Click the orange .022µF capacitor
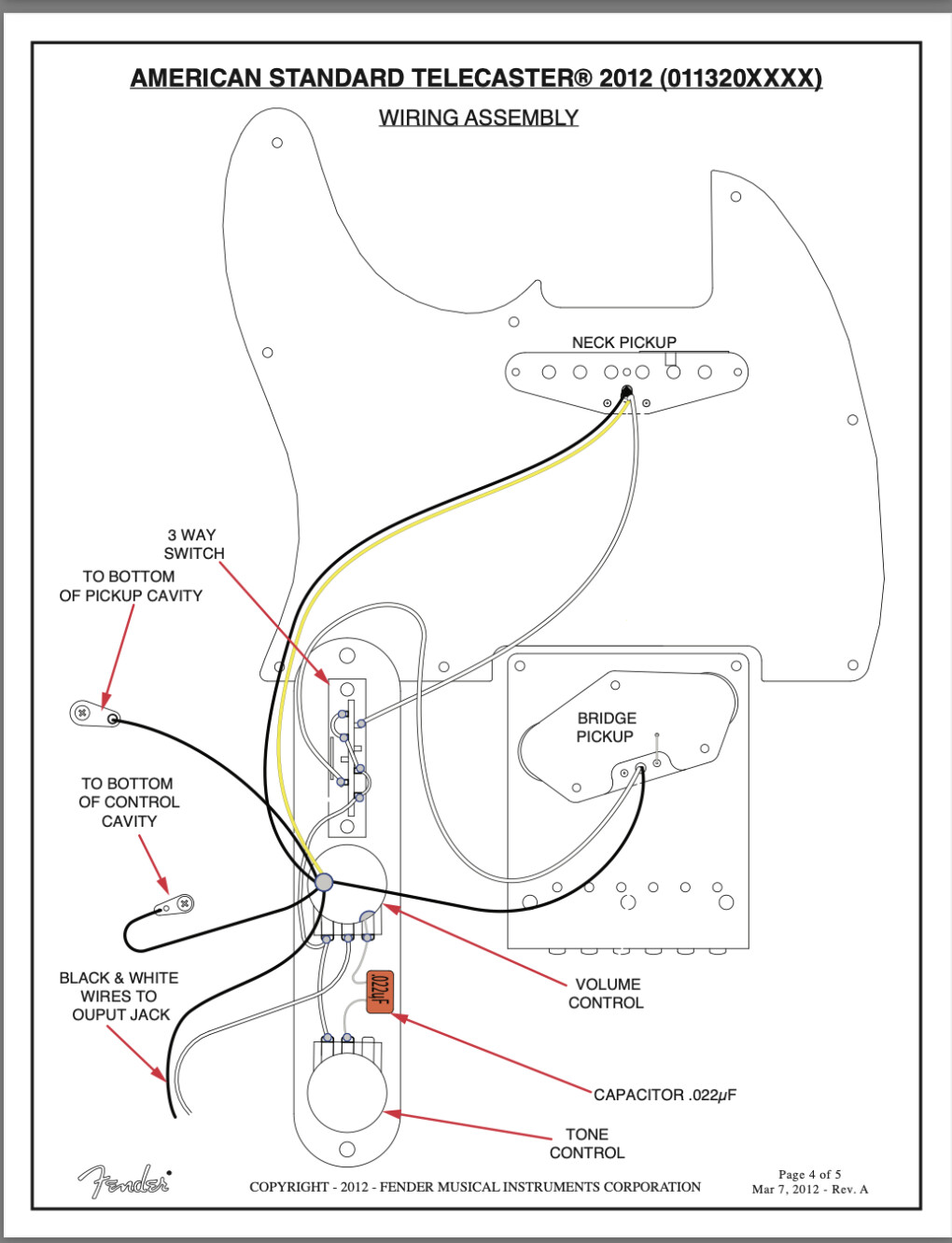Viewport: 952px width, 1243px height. [380, 991]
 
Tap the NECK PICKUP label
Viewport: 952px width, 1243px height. [623, 342]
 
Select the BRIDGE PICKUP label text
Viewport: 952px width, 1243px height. [606, 727]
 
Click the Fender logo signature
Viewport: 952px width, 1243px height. [124, 1181]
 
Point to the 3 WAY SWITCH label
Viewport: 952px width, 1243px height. [193, 544]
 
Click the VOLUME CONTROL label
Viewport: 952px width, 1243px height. [607, 994]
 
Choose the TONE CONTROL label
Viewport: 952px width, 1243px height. [587, 1143]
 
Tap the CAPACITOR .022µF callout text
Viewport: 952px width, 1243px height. [665, 1095]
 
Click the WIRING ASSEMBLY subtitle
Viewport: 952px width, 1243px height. [478, 118]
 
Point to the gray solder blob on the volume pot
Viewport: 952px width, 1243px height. [324, 881]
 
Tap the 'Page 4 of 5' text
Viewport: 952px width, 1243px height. [809, 1174]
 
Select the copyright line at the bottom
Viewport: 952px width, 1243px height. [474, 1187]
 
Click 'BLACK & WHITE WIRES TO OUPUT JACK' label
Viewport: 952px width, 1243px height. [119, 996]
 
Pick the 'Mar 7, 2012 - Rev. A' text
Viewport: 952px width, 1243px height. [809, 1189]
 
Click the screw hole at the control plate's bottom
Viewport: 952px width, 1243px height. [347, 1150]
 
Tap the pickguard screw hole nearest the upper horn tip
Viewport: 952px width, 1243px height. [277, 143]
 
